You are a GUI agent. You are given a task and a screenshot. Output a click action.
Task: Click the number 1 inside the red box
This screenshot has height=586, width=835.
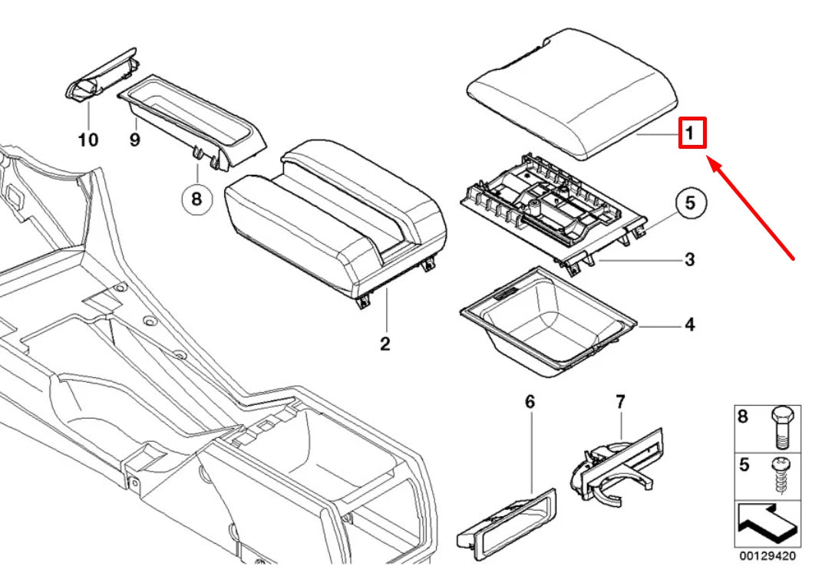690,134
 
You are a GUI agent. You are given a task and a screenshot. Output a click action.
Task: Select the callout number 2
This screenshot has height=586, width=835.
384,344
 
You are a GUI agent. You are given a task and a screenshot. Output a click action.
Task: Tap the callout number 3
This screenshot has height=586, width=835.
689,259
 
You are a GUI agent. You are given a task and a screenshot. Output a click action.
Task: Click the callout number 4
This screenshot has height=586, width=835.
689,325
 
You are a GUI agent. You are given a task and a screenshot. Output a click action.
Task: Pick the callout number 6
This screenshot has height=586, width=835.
530,401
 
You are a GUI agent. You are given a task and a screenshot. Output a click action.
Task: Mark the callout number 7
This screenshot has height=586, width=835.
620,401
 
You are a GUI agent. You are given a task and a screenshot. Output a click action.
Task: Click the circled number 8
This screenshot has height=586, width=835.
196,200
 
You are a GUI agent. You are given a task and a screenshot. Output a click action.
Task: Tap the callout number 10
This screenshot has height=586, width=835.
88,140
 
